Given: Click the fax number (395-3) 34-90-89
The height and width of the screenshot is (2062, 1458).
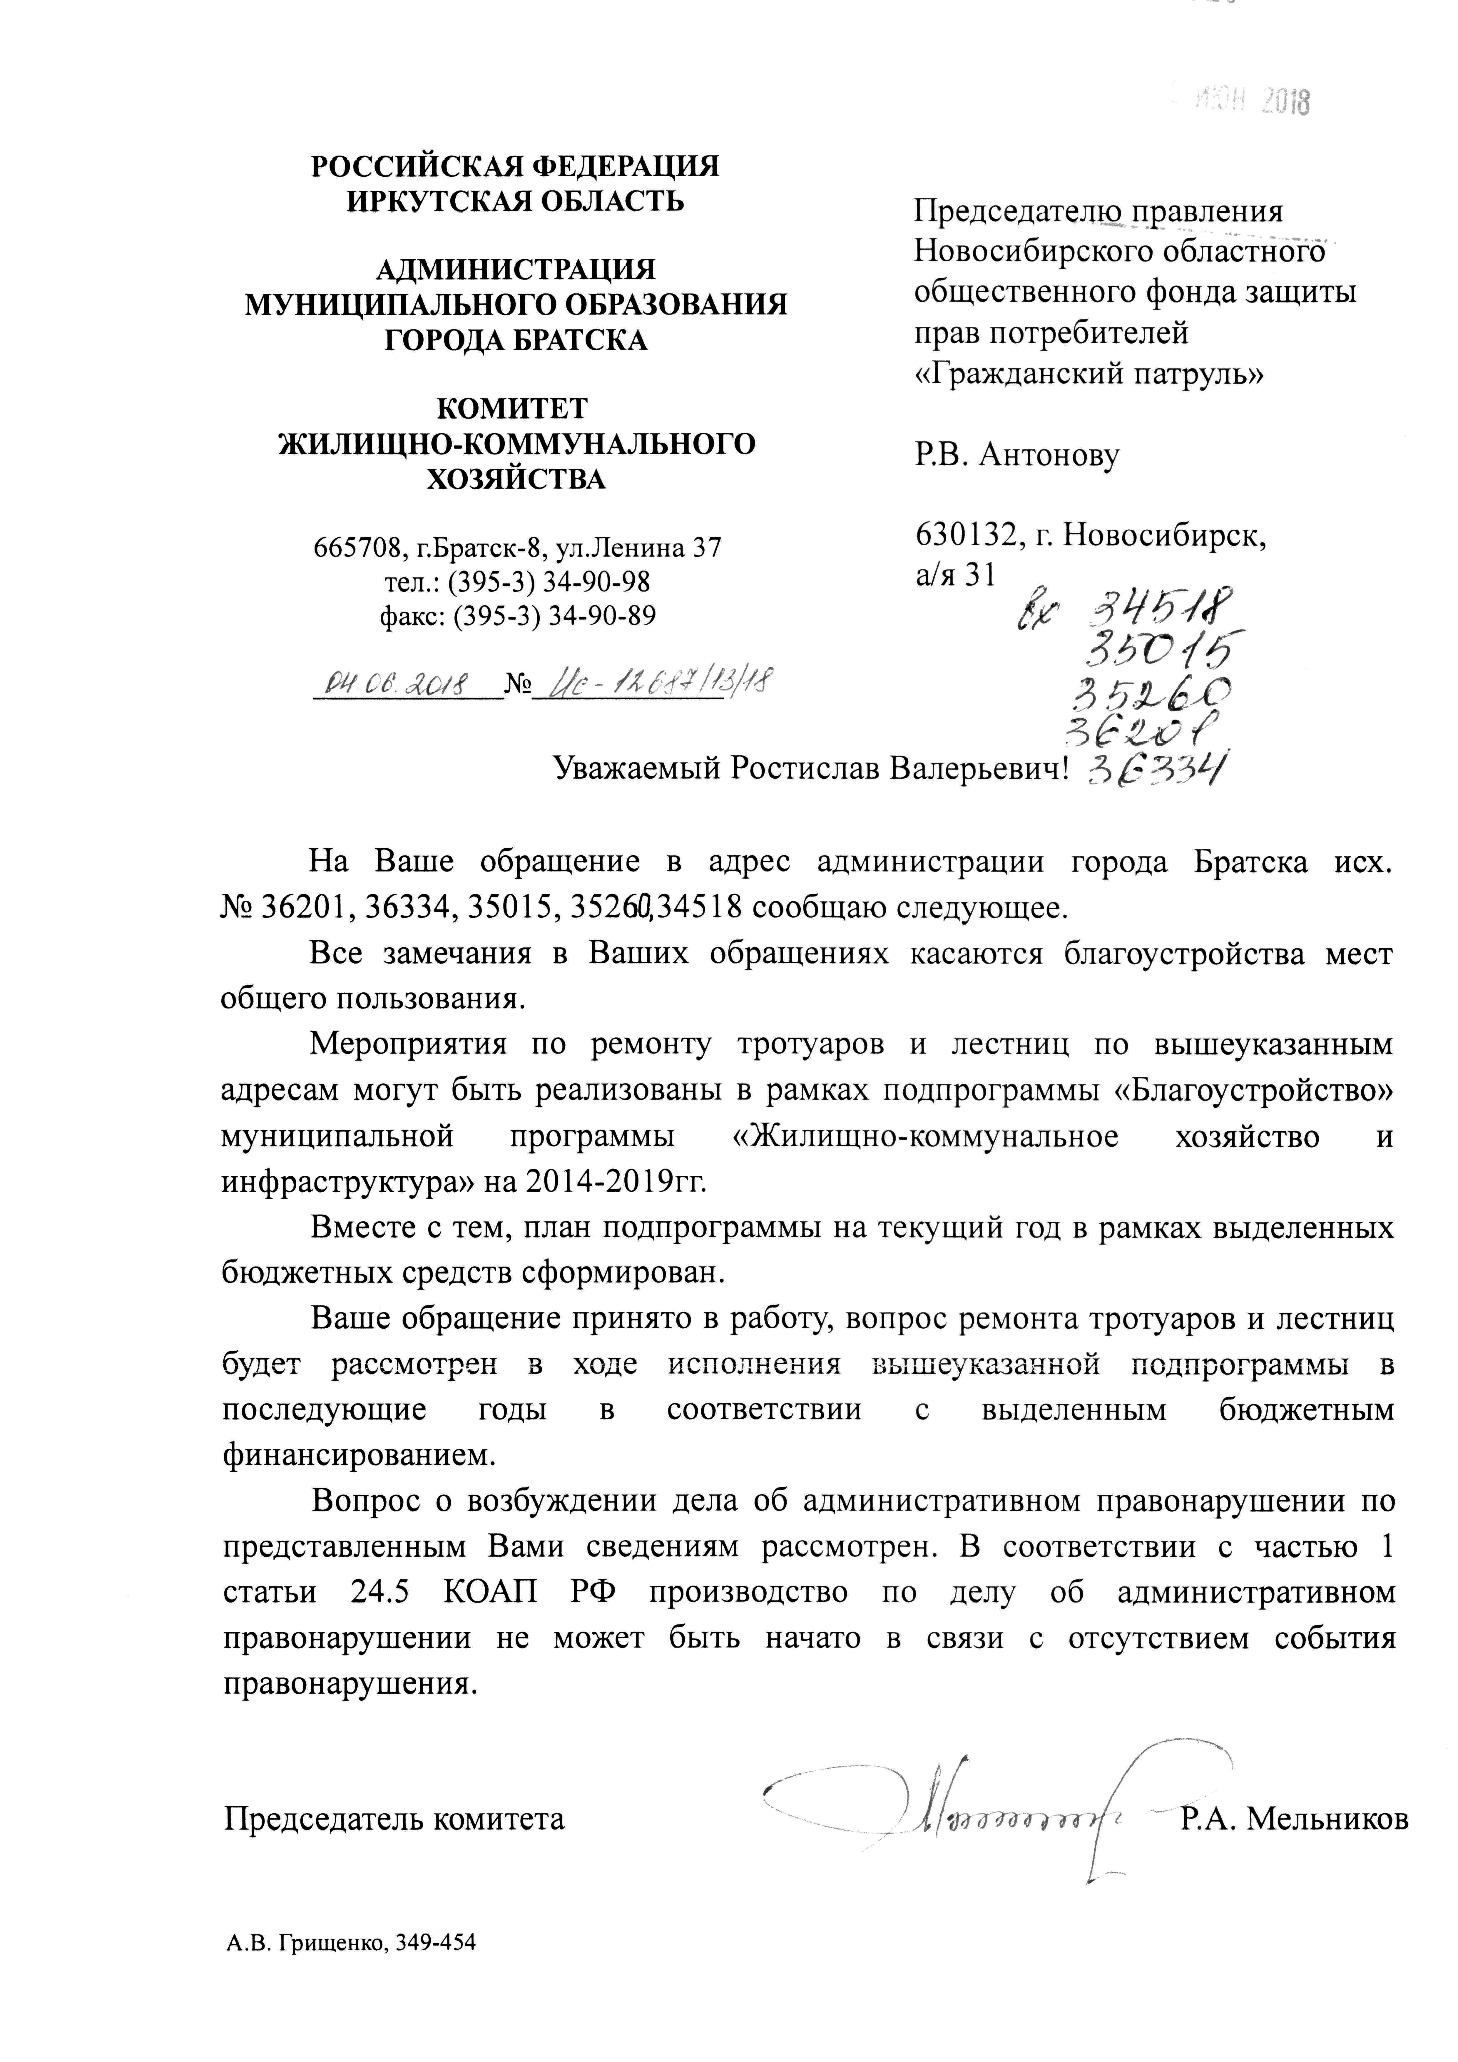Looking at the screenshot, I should [x=554, y=615].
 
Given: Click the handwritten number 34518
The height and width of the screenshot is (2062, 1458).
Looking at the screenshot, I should [x=1159, y=611].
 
